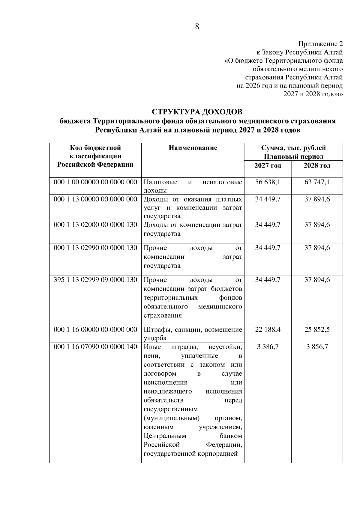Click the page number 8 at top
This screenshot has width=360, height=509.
[x=197, y=27]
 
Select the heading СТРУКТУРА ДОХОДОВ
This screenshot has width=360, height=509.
[x=197, y=112]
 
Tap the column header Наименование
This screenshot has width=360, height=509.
[x=193, y=148]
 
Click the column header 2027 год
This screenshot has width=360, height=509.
[x=268, y=166]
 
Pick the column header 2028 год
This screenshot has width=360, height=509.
[x=317, y=166]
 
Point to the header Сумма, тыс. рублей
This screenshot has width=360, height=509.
[x=293, y=148]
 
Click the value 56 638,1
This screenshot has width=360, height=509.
[x=268, y=182]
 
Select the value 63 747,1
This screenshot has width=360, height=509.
[x=317, y=182]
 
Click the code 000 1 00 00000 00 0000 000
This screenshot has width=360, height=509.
[x=95, y=182]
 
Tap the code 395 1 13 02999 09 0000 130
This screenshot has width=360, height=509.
[x=95, y=280]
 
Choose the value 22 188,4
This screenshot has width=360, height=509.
[x=268, y=330]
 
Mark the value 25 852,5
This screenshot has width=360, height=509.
[x=317, y=330]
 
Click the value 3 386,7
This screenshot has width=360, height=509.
[x=268, y=347]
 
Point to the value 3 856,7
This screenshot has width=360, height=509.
[x=317, y=347]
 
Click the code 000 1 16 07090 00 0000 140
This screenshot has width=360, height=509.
[x=95, y=347]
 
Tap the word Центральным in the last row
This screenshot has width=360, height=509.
[x=165, y=436]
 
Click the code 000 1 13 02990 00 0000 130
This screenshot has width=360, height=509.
[x=95, y=248]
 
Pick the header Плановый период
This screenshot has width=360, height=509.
[x=293, y=156]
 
